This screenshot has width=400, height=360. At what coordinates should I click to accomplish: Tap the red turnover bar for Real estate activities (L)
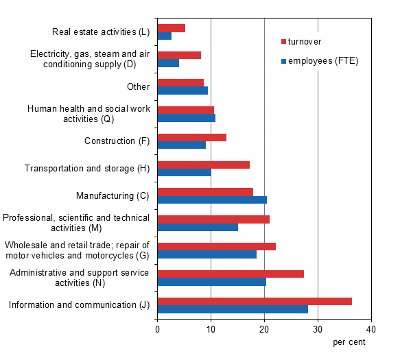coord(172,28)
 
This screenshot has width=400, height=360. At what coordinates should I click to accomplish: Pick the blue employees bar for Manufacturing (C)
coord(212,200)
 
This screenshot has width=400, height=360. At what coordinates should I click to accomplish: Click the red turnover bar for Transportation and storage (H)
coord(204,165)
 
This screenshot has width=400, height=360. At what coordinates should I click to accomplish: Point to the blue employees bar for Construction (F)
coord(182,145)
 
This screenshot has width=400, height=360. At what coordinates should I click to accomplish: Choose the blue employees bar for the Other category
coord(183,91)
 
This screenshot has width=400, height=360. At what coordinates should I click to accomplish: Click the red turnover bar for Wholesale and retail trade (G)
coord(217,246)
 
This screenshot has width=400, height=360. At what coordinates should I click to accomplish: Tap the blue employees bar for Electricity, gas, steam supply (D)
coord(168,63)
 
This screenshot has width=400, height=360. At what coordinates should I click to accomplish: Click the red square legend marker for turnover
coord(284,42)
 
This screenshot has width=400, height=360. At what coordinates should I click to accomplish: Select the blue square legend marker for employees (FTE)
coord(284,61)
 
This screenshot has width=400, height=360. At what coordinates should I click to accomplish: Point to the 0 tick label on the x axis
coord(157,329)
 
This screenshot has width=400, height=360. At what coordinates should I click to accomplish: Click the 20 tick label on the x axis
coord(264,329)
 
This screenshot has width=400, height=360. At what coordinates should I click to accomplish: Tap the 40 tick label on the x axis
coord(371,329)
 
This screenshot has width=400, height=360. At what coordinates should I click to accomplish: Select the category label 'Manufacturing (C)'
coord(113,196)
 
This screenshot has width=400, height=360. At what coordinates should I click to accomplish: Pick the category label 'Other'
coord(138,86)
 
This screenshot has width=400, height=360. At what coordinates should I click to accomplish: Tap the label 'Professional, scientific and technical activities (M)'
coord(76,223)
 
